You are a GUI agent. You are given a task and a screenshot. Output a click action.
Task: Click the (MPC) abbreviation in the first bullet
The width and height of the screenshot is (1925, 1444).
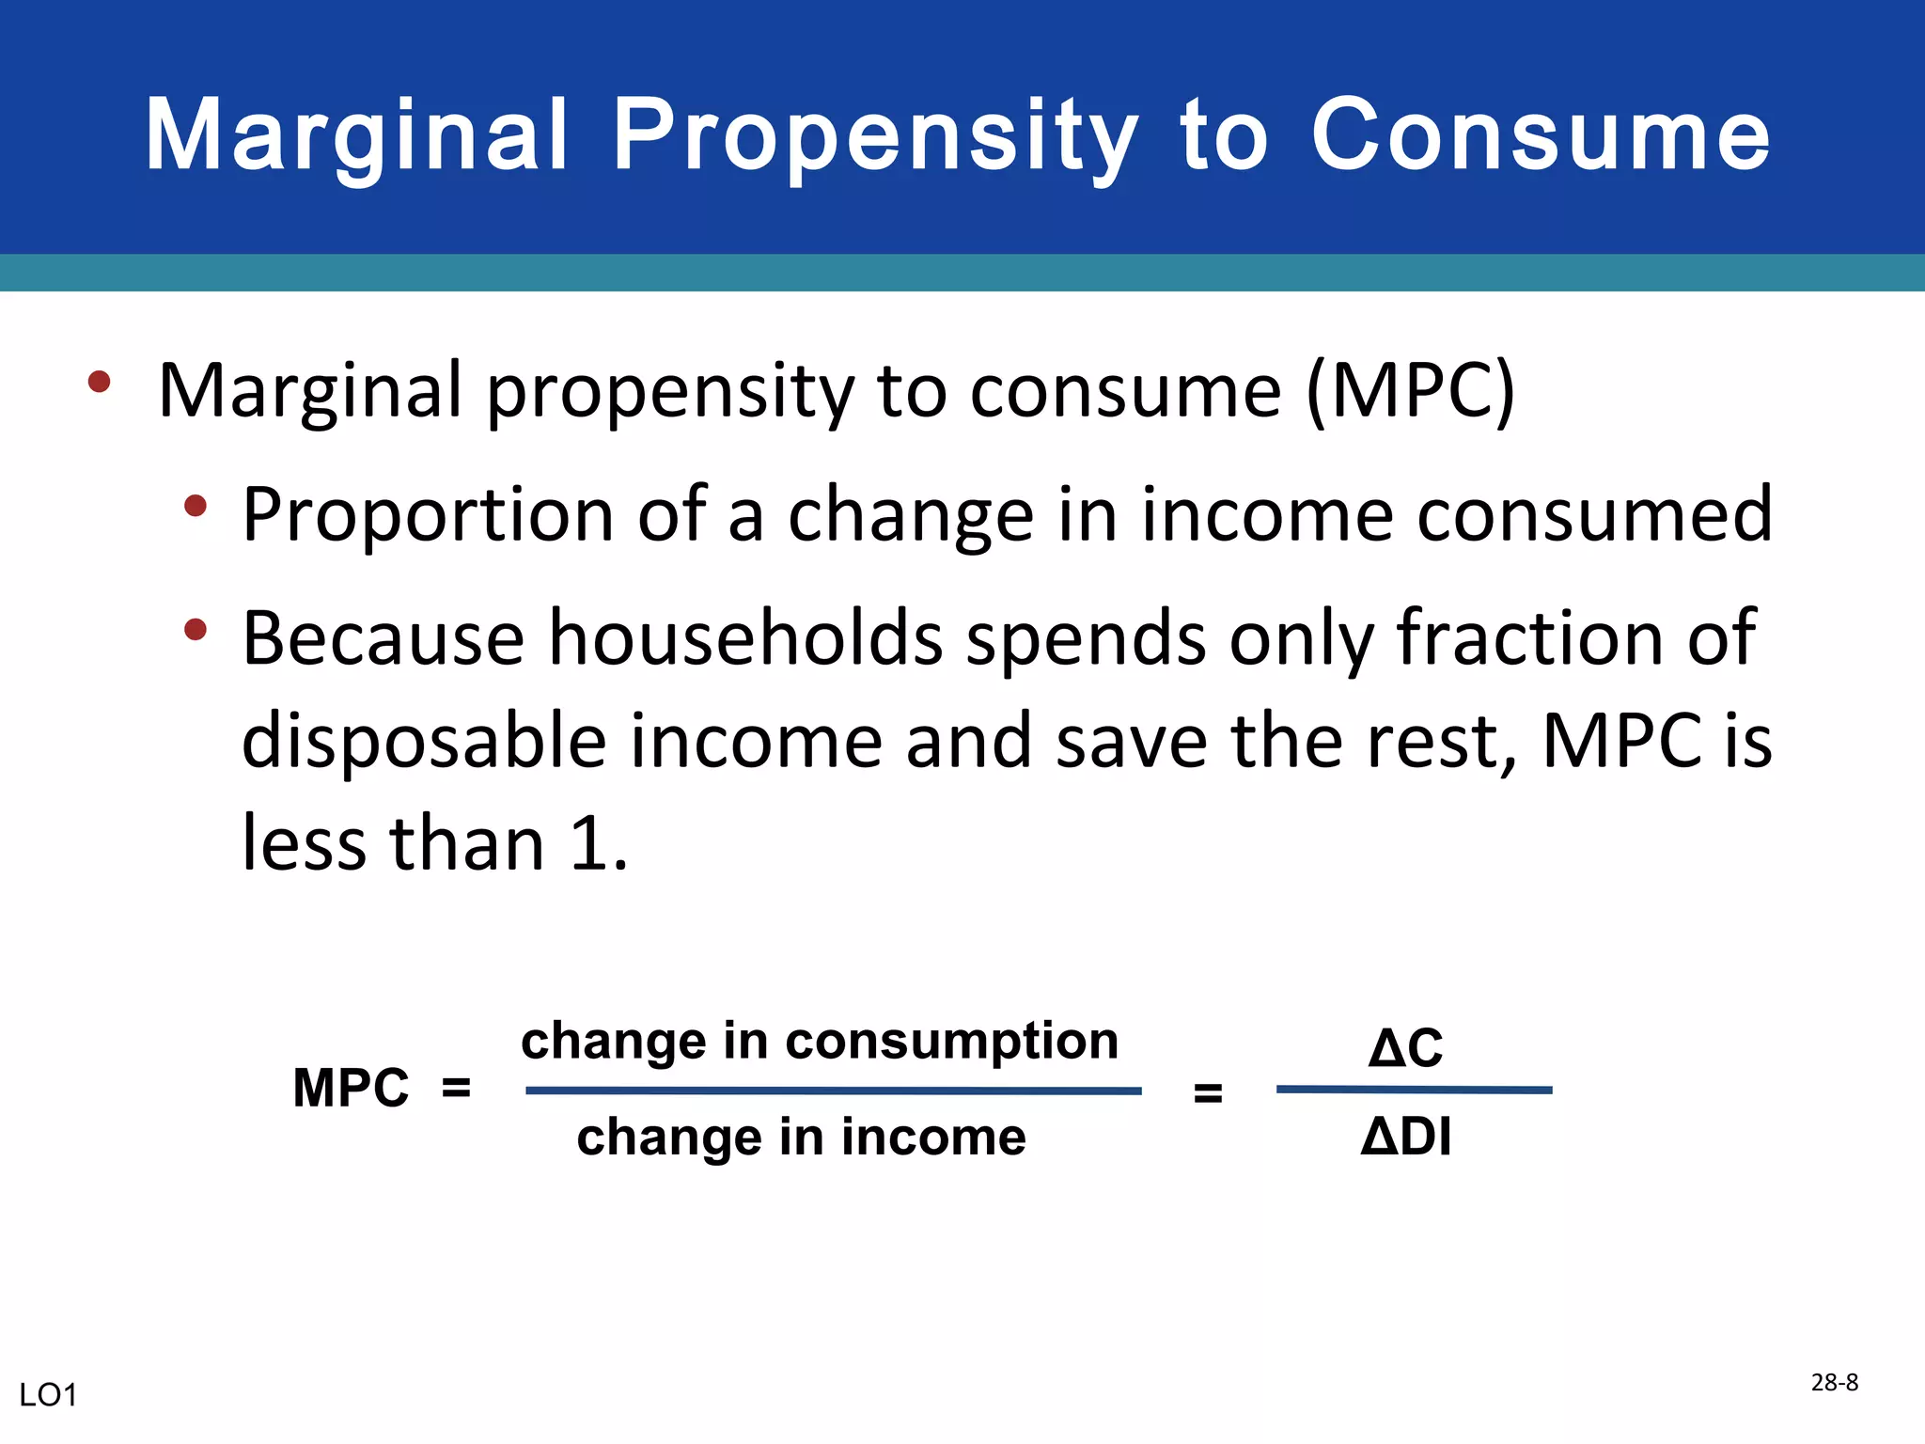1410,390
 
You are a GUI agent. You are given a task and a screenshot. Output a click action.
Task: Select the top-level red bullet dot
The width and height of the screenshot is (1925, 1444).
99,382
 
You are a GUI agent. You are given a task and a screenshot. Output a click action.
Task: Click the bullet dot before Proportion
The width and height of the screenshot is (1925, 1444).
196,506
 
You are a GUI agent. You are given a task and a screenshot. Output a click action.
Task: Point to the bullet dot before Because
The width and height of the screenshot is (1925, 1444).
196,629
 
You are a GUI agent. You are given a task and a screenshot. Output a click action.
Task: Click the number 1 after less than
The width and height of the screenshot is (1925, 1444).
589,843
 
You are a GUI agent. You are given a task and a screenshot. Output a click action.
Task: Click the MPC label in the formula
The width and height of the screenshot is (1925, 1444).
351,1089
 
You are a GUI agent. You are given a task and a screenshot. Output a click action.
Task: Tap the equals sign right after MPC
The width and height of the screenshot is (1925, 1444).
456,1089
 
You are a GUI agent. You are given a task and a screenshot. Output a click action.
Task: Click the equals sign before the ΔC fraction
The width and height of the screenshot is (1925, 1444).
1208,1093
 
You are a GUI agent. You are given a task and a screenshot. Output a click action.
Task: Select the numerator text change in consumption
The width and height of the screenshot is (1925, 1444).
820,1042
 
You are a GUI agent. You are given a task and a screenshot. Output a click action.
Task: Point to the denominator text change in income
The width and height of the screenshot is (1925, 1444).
801,1138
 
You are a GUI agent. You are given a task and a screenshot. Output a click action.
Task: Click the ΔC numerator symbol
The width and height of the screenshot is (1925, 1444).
1405,1047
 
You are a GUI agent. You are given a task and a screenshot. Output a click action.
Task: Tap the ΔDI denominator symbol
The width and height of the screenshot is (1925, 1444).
1405,1137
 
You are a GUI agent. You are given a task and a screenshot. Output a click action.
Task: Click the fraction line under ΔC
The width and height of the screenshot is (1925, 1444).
1414,1091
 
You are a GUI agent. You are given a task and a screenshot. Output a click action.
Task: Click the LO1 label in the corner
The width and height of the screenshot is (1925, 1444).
48,1395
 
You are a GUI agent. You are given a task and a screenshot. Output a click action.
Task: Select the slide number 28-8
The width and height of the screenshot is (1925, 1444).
1834,1382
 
